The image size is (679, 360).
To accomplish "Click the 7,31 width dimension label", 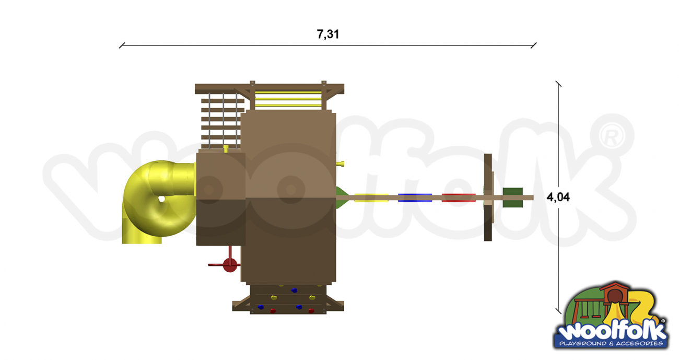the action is (x=327, y=34).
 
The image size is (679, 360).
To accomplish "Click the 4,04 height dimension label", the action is (x=558, y=197).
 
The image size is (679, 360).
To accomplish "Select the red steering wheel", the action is (x=229, y=265).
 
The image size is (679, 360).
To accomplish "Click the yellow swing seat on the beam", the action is (x=371, y=198).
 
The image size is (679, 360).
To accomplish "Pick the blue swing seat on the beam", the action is (x=415, y=198).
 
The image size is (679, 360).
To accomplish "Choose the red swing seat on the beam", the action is (x=459, y=198).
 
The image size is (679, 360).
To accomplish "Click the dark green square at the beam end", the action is (x=512, y=198).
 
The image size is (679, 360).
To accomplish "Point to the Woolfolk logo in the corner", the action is (x=611, y=316).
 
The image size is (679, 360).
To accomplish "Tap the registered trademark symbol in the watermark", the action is (x=612, y=135).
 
